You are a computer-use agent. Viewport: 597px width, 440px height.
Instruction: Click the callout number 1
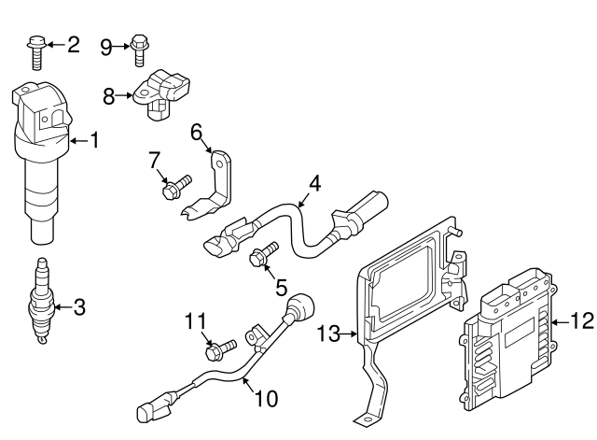coord(93,141)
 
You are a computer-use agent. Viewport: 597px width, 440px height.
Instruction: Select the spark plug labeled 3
coord(41,304)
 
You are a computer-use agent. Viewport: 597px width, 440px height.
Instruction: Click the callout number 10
coord(266,399)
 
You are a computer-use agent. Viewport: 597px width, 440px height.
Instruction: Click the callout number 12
coord(581,322)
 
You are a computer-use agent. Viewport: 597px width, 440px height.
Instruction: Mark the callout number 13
coord(329,333)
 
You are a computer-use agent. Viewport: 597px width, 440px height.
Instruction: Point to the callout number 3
coord(79,305)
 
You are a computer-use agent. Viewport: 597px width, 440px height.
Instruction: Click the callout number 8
coord(109,95)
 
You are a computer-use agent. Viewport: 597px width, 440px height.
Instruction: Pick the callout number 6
coord(197,133)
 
